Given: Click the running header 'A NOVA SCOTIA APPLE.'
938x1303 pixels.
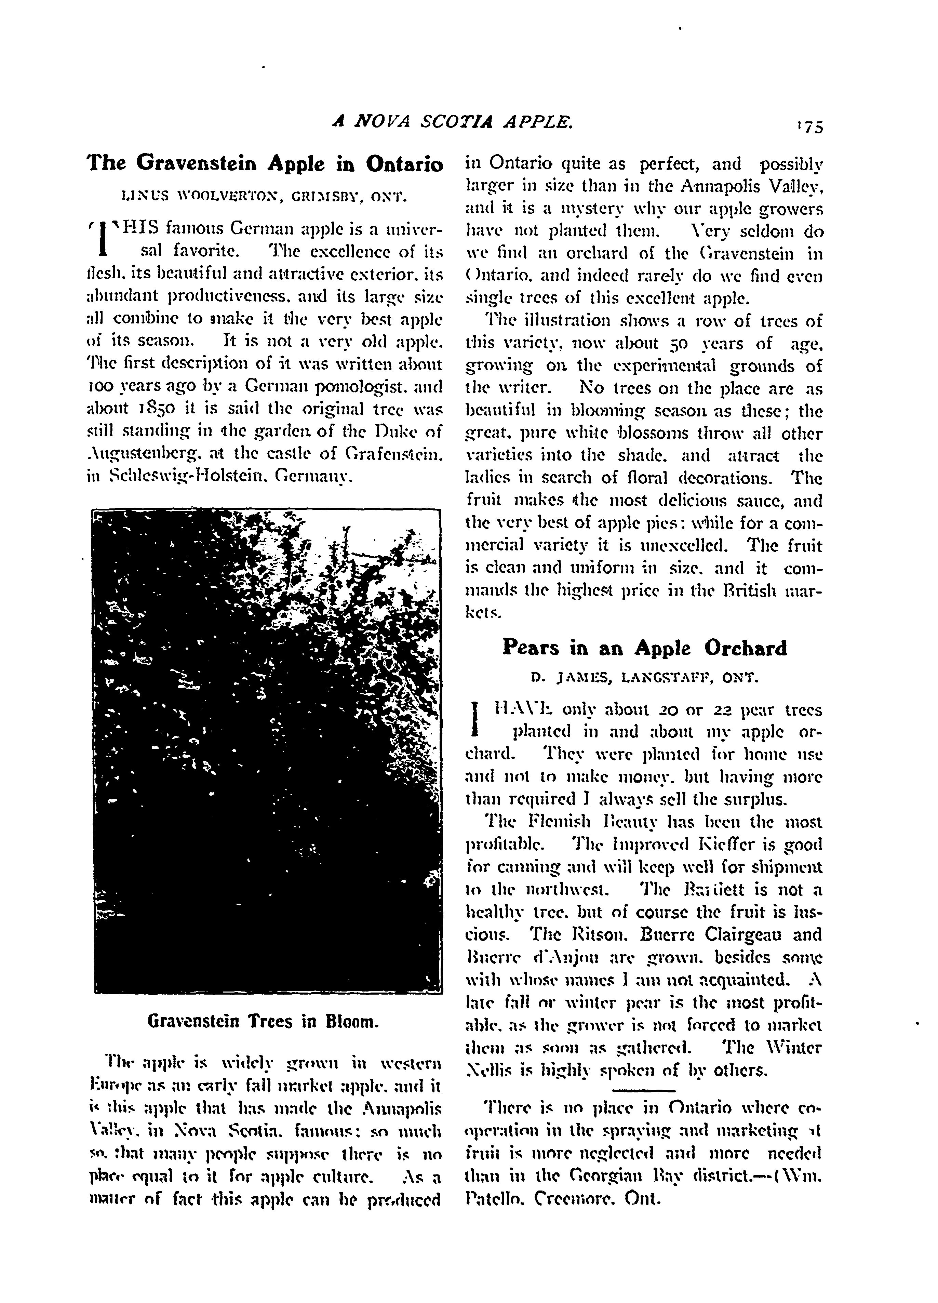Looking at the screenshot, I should (x=453, y=121).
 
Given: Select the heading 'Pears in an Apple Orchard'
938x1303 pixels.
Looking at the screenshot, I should (x=644, y=648).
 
